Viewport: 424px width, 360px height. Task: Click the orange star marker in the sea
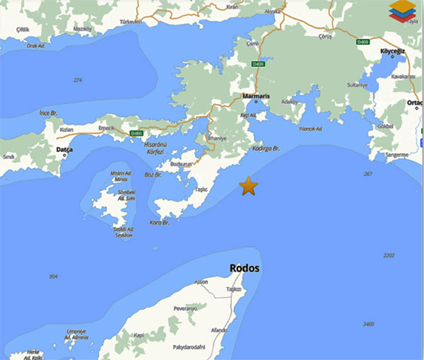(x=248, y=186)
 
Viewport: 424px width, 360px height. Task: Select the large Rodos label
(x=245, y=269)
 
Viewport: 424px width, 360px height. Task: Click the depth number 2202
(x=388, y=255)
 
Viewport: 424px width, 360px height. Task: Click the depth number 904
(x=54, y=277)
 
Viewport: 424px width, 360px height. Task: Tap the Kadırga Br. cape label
(x=266, y=149)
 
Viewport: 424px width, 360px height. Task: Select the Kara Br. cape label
(x=160, y=223)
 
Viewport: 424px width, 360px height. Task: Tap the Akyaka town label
(x=271, y=12)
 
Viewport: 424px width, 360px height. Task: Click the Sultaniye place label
(x=358, y=86)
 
